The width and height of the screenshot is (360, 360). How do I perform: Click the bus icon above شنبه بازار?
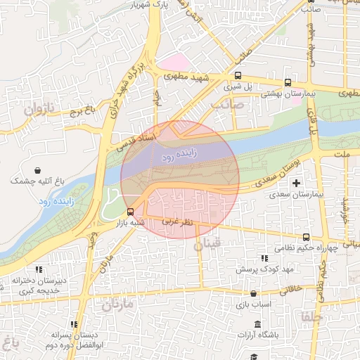point(130,212)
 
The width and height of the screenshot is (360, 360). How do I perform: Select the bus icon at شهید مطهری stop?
point(238,75)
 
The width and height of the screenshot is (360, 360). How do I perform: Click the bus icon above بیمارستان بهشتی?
point(288,82)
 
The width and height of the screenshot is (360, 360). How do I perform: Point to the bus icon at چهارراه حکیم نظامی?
point(305,237)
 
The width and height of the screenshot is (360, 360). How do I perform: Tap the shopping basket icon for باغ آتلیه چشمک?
point(37,170)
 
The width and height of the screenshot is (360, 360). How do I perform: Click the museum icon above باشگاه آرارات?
point(257,324)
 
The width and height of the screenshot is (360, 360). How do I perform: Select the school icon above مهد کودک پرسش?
point(264,258)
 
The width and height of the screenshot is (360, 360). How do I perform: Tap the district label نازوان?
point(39,110)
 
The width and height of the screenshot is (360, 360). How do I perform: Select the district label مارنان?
point(117,305)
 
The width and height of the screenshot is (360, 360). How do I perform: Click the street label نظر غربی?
point(179,221)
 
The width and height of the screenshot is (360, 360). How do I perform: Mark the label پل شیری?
point(237,87)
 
